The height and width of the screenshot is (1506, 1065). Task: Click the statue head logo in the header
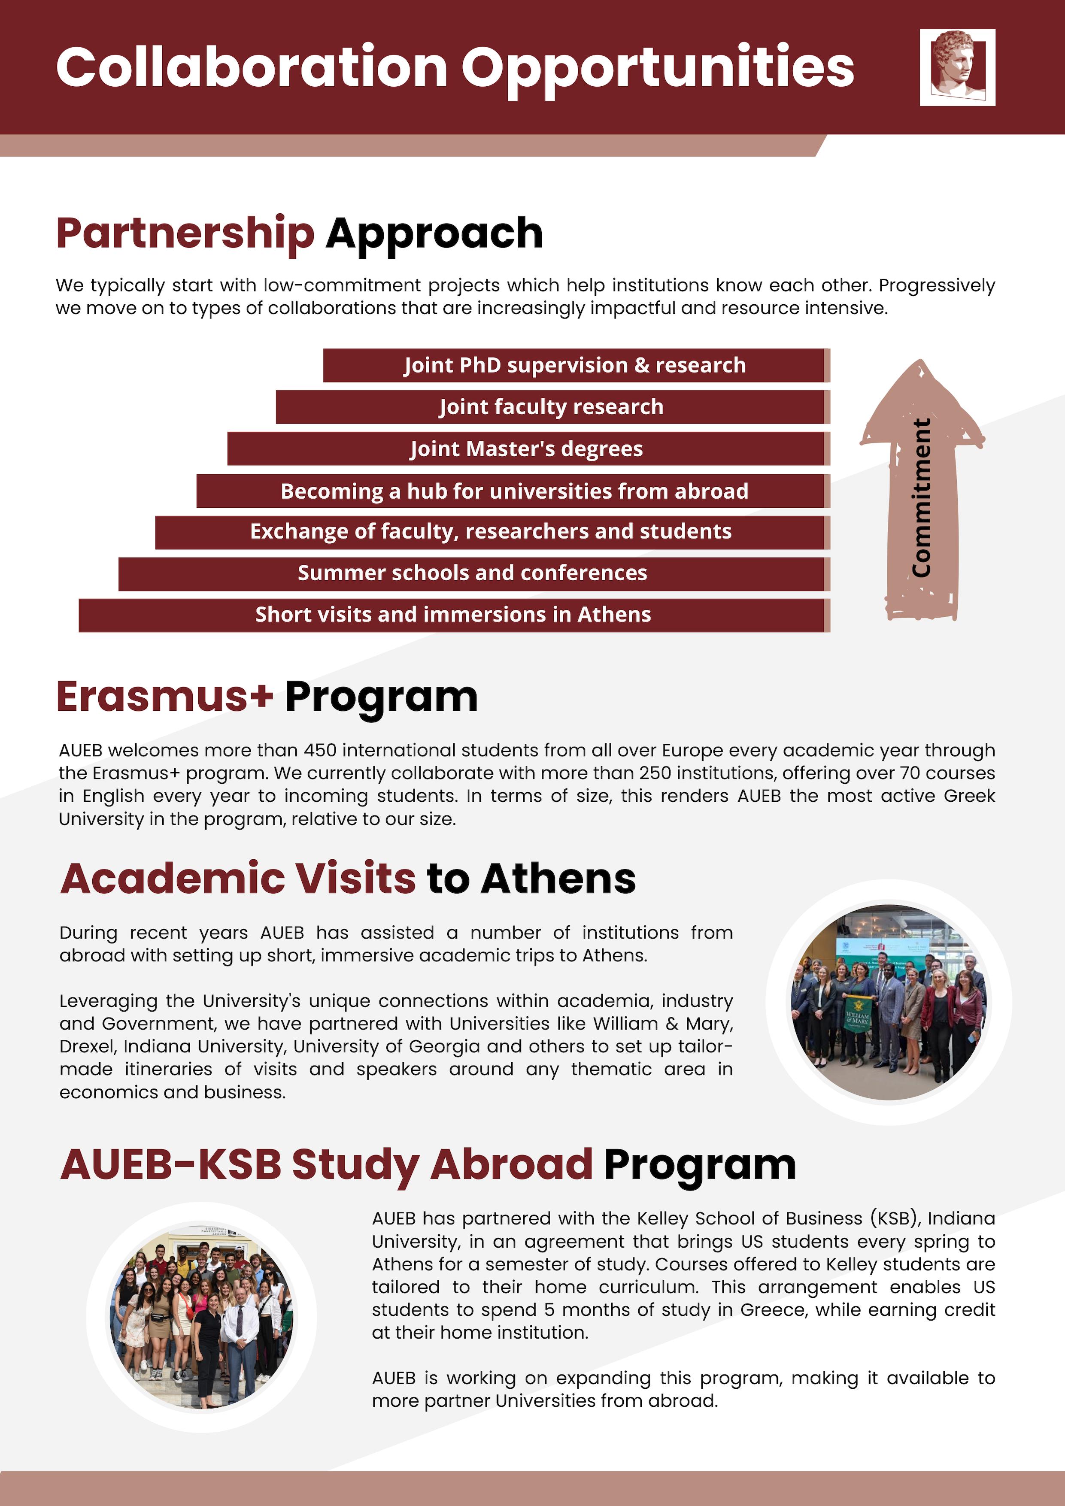[957, 67]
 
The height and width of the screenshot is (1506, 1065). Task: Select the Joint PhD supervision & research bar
[575, 365]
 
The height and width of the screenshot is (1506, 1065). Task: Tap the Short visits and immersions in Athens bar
[453, 615]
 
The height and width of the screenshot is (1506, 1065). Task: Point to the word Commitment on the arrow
[921, 499]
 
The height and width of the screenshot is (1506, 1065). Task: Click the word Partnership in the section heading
[185, 233]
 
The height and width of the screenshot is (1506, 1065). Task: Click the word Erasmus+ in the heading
[164, 697]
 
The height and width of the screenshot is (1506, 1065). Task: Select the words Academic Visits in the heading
[237, 879]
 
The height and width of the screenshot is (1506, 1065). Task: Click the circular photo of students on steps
[201, 1317]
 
